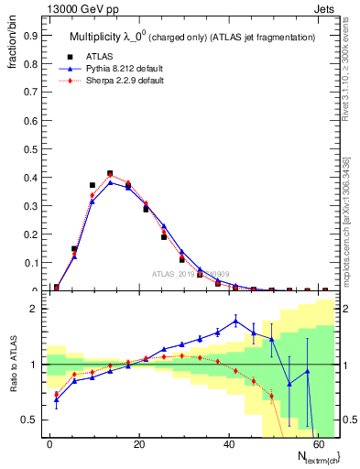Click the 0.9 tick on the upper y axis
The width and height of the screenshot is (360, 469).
(31, 37)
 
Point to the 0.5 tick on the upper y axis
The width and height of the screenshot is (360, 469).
(31, 149)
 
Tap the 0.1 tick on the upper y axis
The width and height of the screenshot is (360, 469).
(31, 263)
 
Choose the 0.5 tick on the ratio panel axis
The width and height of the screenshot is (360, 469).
(31, 420)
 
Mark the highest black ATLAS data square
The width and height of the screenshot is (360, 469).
(110, 173)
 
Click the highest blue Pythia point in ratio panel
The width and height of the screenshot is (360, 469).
(235, 320)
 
